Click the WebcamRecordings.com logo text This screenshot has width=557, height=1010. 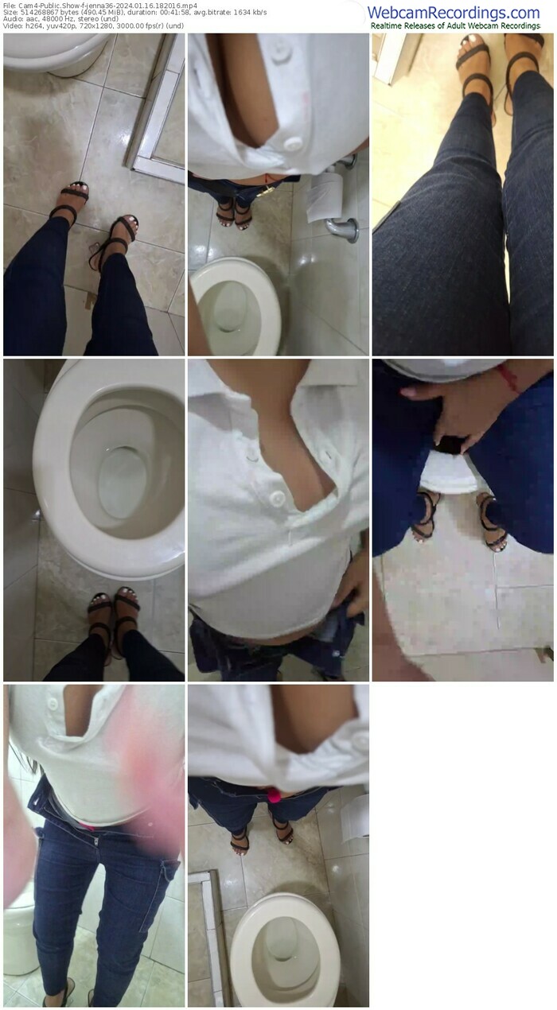pyautogui.click(x=454, y=13)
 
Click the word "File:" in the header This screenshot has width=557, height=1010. pyautogui.click(x=10, y=6)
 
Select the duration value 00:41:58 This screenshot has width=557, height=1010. pyautogui.click(x=173, y=13)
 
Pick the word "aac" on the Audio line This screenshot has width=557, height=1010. pyautogui.click(x=30, y=19)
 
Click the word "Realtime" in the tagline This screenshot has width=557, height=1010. pyautogui.click(x=388, y=26)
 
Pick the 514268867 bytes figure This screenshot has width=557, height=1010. pyautogui.click(x=49, y=13)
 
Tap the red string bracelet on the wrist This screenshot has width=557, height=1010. pyautogui.click(x=508, y=379)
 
